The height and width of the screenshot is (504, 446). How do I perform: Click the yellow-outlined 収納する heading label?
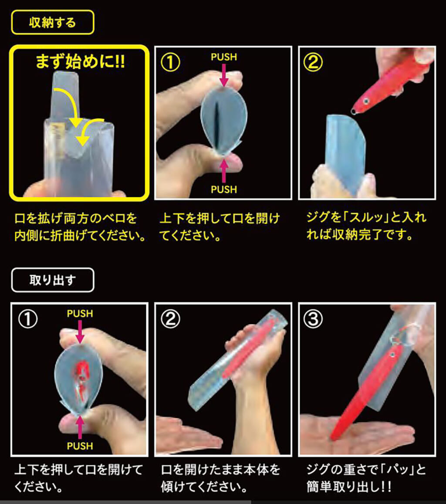point(53,22)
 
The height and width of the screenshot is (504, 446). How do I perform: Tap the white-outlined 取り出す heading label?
point(53,280)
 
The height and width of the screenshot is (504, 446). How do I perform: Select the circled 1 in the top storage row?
point(170,62)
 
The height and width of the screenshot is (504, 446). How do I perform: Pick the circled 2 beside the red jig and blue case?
point(313,62)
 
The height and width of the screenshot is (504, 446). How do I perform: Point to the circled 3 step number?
point(313,319)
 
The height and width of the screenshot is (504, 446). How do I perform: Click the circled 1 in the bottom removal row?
point(28,319)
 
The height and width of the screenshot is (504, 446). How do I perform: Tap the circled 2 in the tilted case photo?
point(170,319)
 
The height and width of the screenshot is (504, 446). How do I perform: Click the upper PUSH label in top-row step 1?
point(223,57)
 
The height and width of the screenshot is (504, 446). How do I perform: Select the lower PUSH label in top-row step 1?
point(223,189)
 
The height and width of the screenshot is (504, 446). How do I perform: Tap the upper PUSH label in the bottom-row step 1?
point(80,313)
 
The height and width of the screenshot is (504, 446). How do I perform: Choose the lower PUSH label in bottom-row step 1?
point(80,446)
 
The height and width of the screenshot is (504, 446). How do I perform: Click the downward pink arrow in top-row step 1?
point(224,75)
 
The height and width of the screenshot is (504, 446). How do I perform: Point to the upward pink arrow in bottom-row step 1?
point(80,427)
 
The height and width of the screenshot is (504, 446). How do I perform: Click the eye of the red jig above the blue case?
point(366,101)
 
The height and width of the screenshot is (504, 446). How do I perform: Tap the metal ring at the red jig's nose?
point(354,112)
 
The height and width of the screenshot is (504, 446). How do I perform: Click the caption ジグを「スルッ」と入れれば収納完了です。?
point(366,226)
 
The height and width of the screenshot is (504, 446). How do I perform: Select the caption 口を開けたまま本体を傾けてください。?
point(220,478)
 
